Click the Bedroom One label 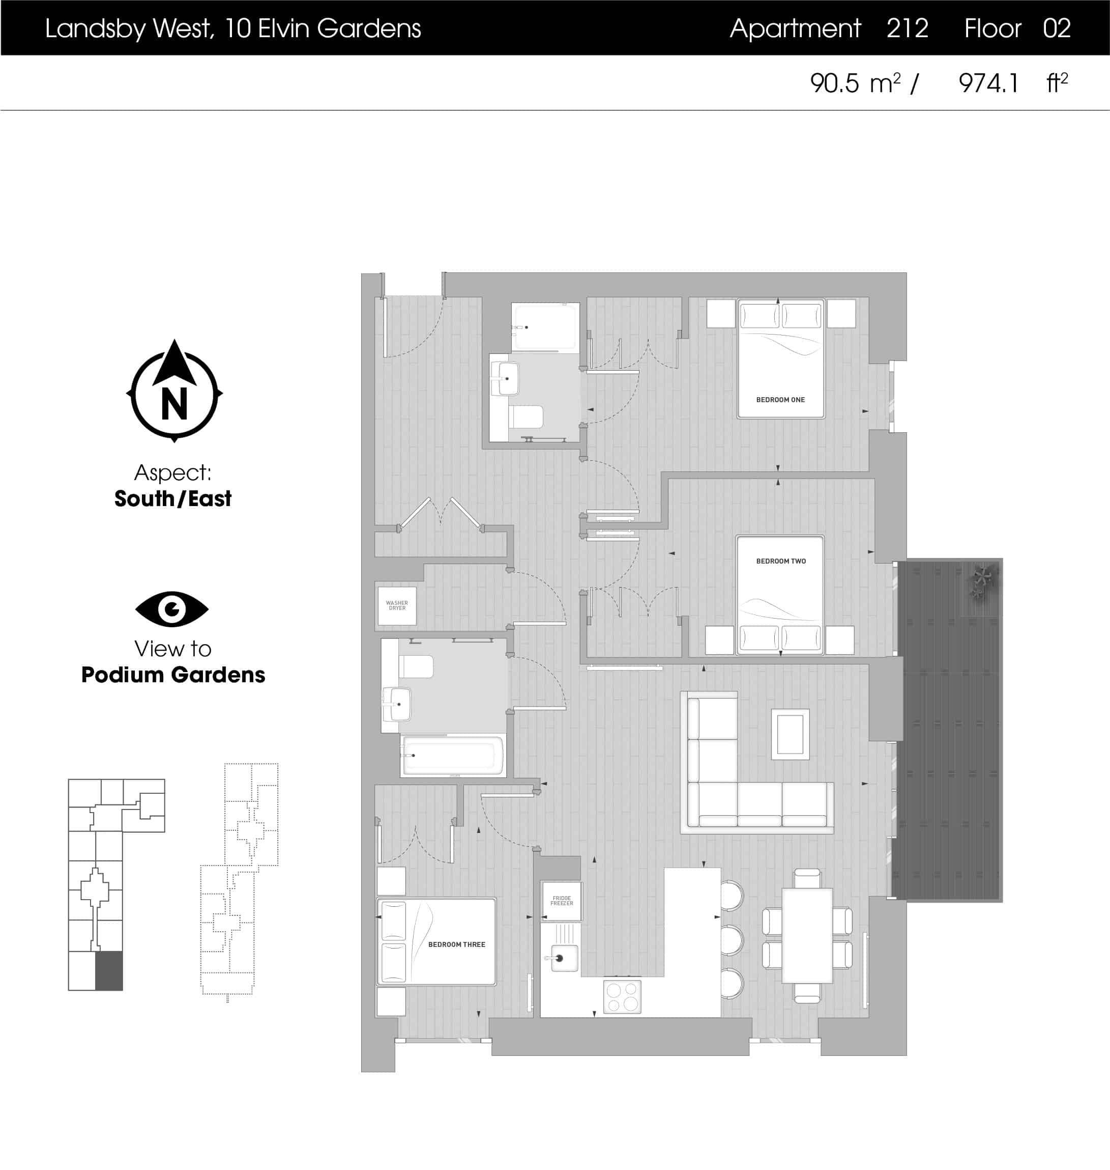click(x=780, y=400)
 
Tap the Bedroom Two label click(x=780, y=561)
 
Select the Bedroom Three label click(x=456, y=944)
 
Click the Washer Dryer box click(x=397, y=606)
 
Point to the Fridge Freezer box click(x=562, y=901)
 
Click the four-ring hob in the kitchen click(x=622, y=996)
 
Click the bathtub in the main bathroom click(x=453, y=755)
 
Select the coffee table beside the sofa click(x=790, y=734)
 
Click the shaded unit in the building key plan click(x=109, y=971)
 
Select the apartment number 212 click(x=907, y=29)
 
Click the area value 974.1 click(x=988, y=83)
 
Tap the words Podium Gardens click(x=173, y=675)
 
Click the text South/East click(x=173, y=498)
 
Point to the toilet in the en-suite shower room click(x=525, y=417)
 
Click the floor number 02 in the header click(x=1056, y=29)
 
